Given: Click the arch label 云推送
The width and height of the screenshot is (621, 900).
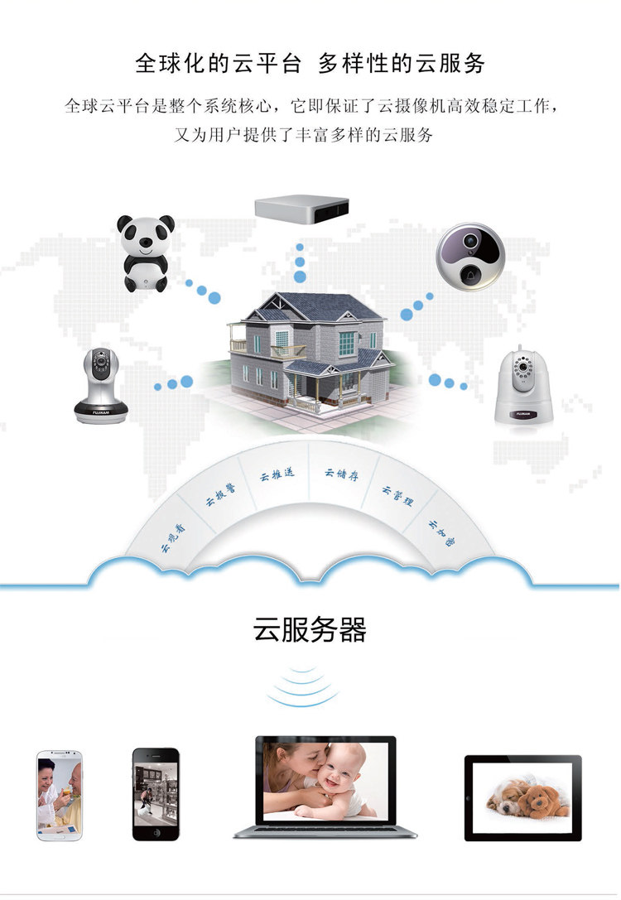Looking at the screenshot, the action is (277, 476).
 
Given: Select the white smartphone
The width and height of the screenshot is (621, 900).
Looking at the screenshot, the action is (60, 795).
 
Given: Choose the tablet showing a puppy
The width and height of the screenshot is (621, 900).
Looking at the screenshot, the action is (522, 797).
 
